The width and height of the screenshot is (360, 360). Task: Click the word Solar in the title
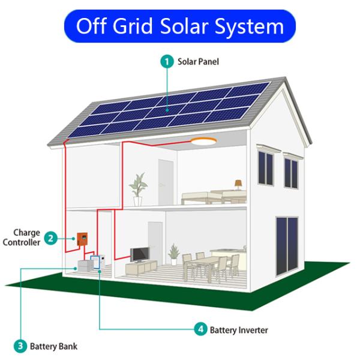pos(189,26)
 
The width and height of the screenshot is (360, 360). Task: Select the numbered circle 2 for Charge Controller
pos(52,239)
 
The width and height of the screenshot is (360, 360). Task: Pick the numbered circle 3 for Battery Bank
pos(20,346)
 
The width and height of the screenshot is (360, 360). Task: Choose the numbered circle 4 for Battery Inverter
pos(200,329)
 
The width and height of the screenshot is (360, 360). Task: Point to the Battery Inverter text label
pos(238,329)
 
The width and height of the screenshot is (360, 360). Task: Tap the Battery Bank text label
pos(53,346)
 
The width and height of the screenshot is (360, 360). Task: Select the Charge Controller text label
pos(22,238)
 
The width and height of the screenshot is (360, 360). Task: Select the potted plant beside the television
pos(174,253)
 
